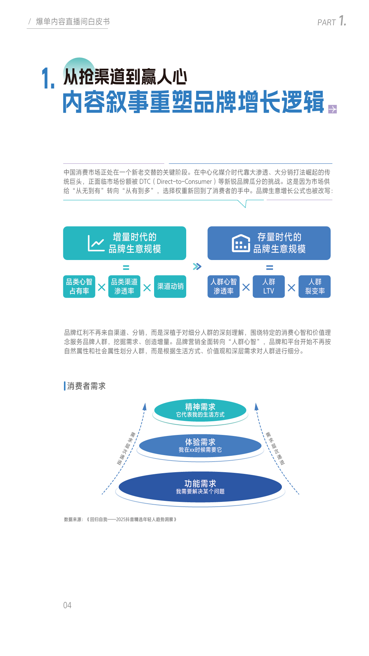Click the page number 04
67,605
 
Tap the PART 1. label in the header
332,21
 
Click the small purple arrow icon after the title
332,109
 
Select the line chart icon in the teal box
96,243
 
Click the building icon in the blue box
241,243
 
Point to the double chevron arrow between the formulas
197,266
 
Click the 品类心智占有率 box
79,286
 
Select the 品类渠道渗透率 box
124,286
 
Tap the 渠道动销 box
170,286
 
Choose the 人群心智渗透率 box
223,286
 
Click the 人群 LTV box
269,286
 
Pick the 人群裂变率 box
315,286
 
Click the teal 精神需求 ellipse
200,410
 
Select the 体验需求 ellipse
200,446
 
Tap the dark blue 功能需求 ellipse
200,487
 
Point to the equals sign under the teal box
126,268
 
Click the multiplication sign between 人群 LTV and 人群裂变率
291,288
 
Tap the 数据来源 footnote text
120,519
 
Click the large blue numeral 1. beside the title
48,78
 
